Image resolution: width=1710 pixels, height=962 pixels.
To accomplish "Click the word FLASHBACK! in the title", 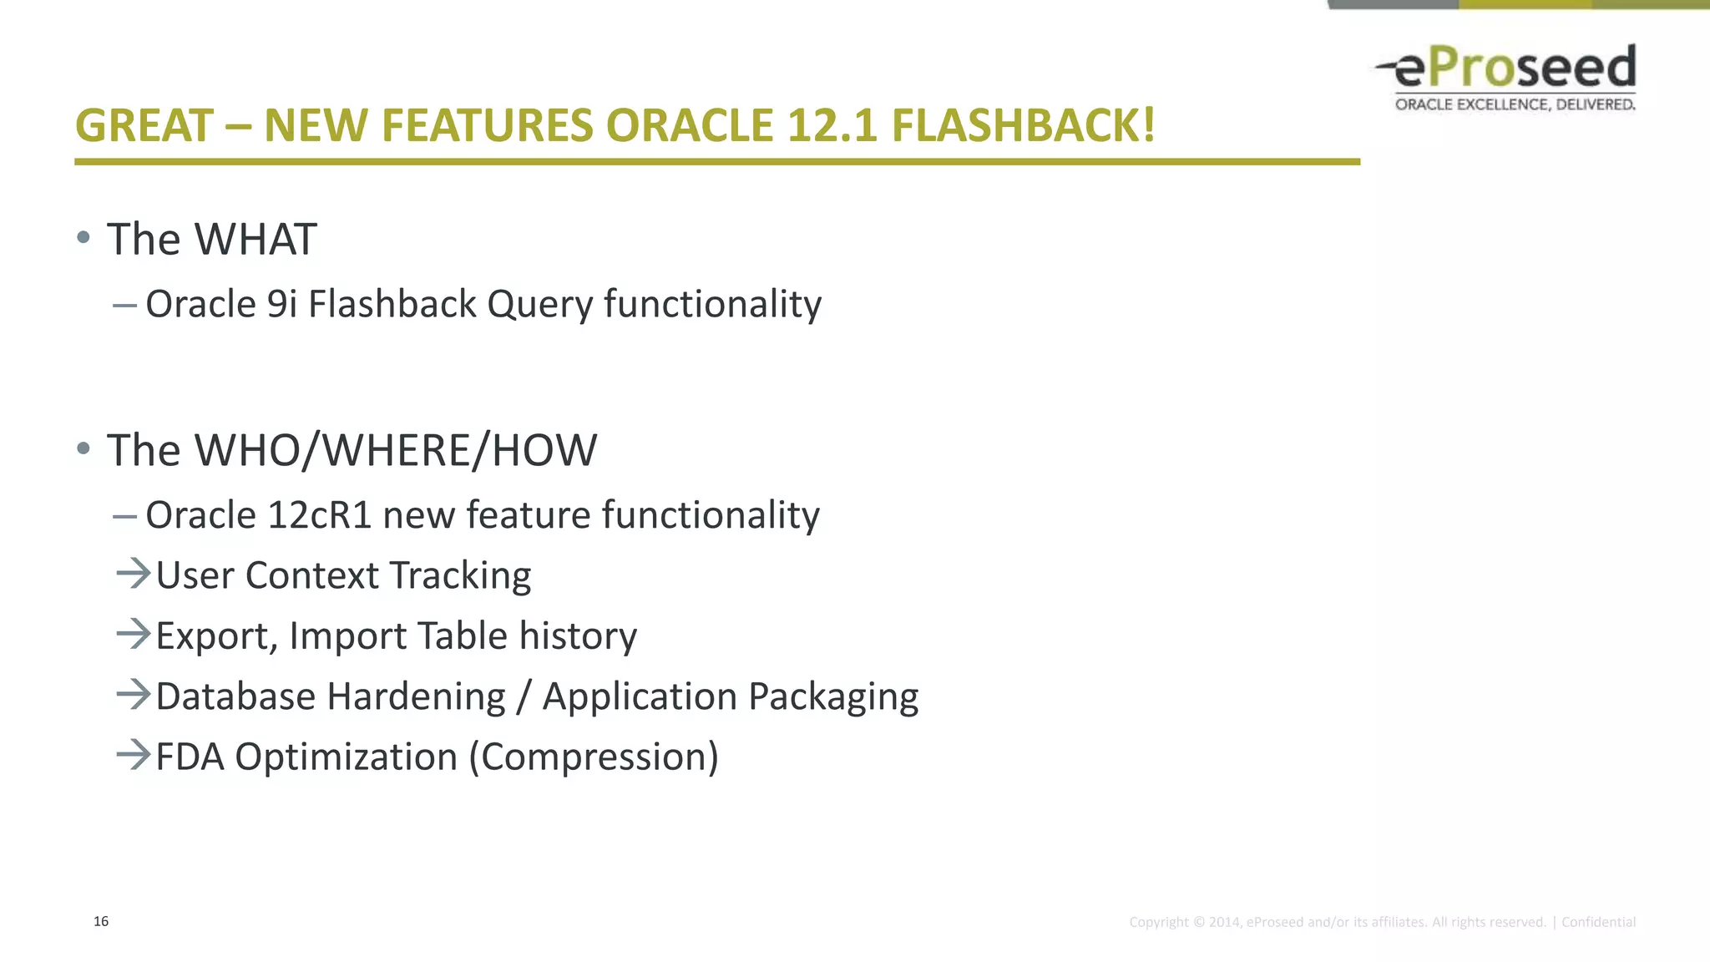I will tap(1023, 126).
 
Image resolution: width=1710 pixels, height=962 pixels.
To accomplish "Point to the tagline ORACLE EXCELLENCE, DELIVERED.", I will tap(1515, 104).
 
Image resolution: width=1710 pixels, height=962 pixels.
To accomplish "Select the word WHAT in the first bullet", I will tap(255, 240).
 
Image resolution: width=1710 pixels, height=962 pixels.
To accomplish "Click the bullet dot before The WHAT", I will tap(83, 238).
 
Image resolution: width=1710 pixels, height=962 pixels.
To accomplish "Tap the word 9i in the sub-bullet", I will tap(281, 304).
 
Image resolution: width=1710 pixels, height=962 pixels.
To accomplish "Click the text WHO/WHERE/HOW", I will tap(396, 451).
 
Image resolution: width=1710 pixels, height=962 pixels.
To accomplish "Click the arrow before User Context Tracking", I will tap(133, 574).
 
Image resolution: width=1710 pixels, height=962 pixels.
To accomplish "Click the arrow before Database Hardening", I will tap(133, 695).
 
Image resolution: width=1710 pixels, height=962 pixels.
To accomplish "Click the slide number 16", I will tap(101, 921).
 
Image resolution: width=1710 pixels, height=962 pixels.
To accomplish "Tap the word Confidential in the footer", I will tap(1598, 922).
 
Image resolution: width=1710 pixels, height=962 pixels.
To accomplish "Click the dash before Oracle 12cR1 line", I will tap(124, 517).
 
